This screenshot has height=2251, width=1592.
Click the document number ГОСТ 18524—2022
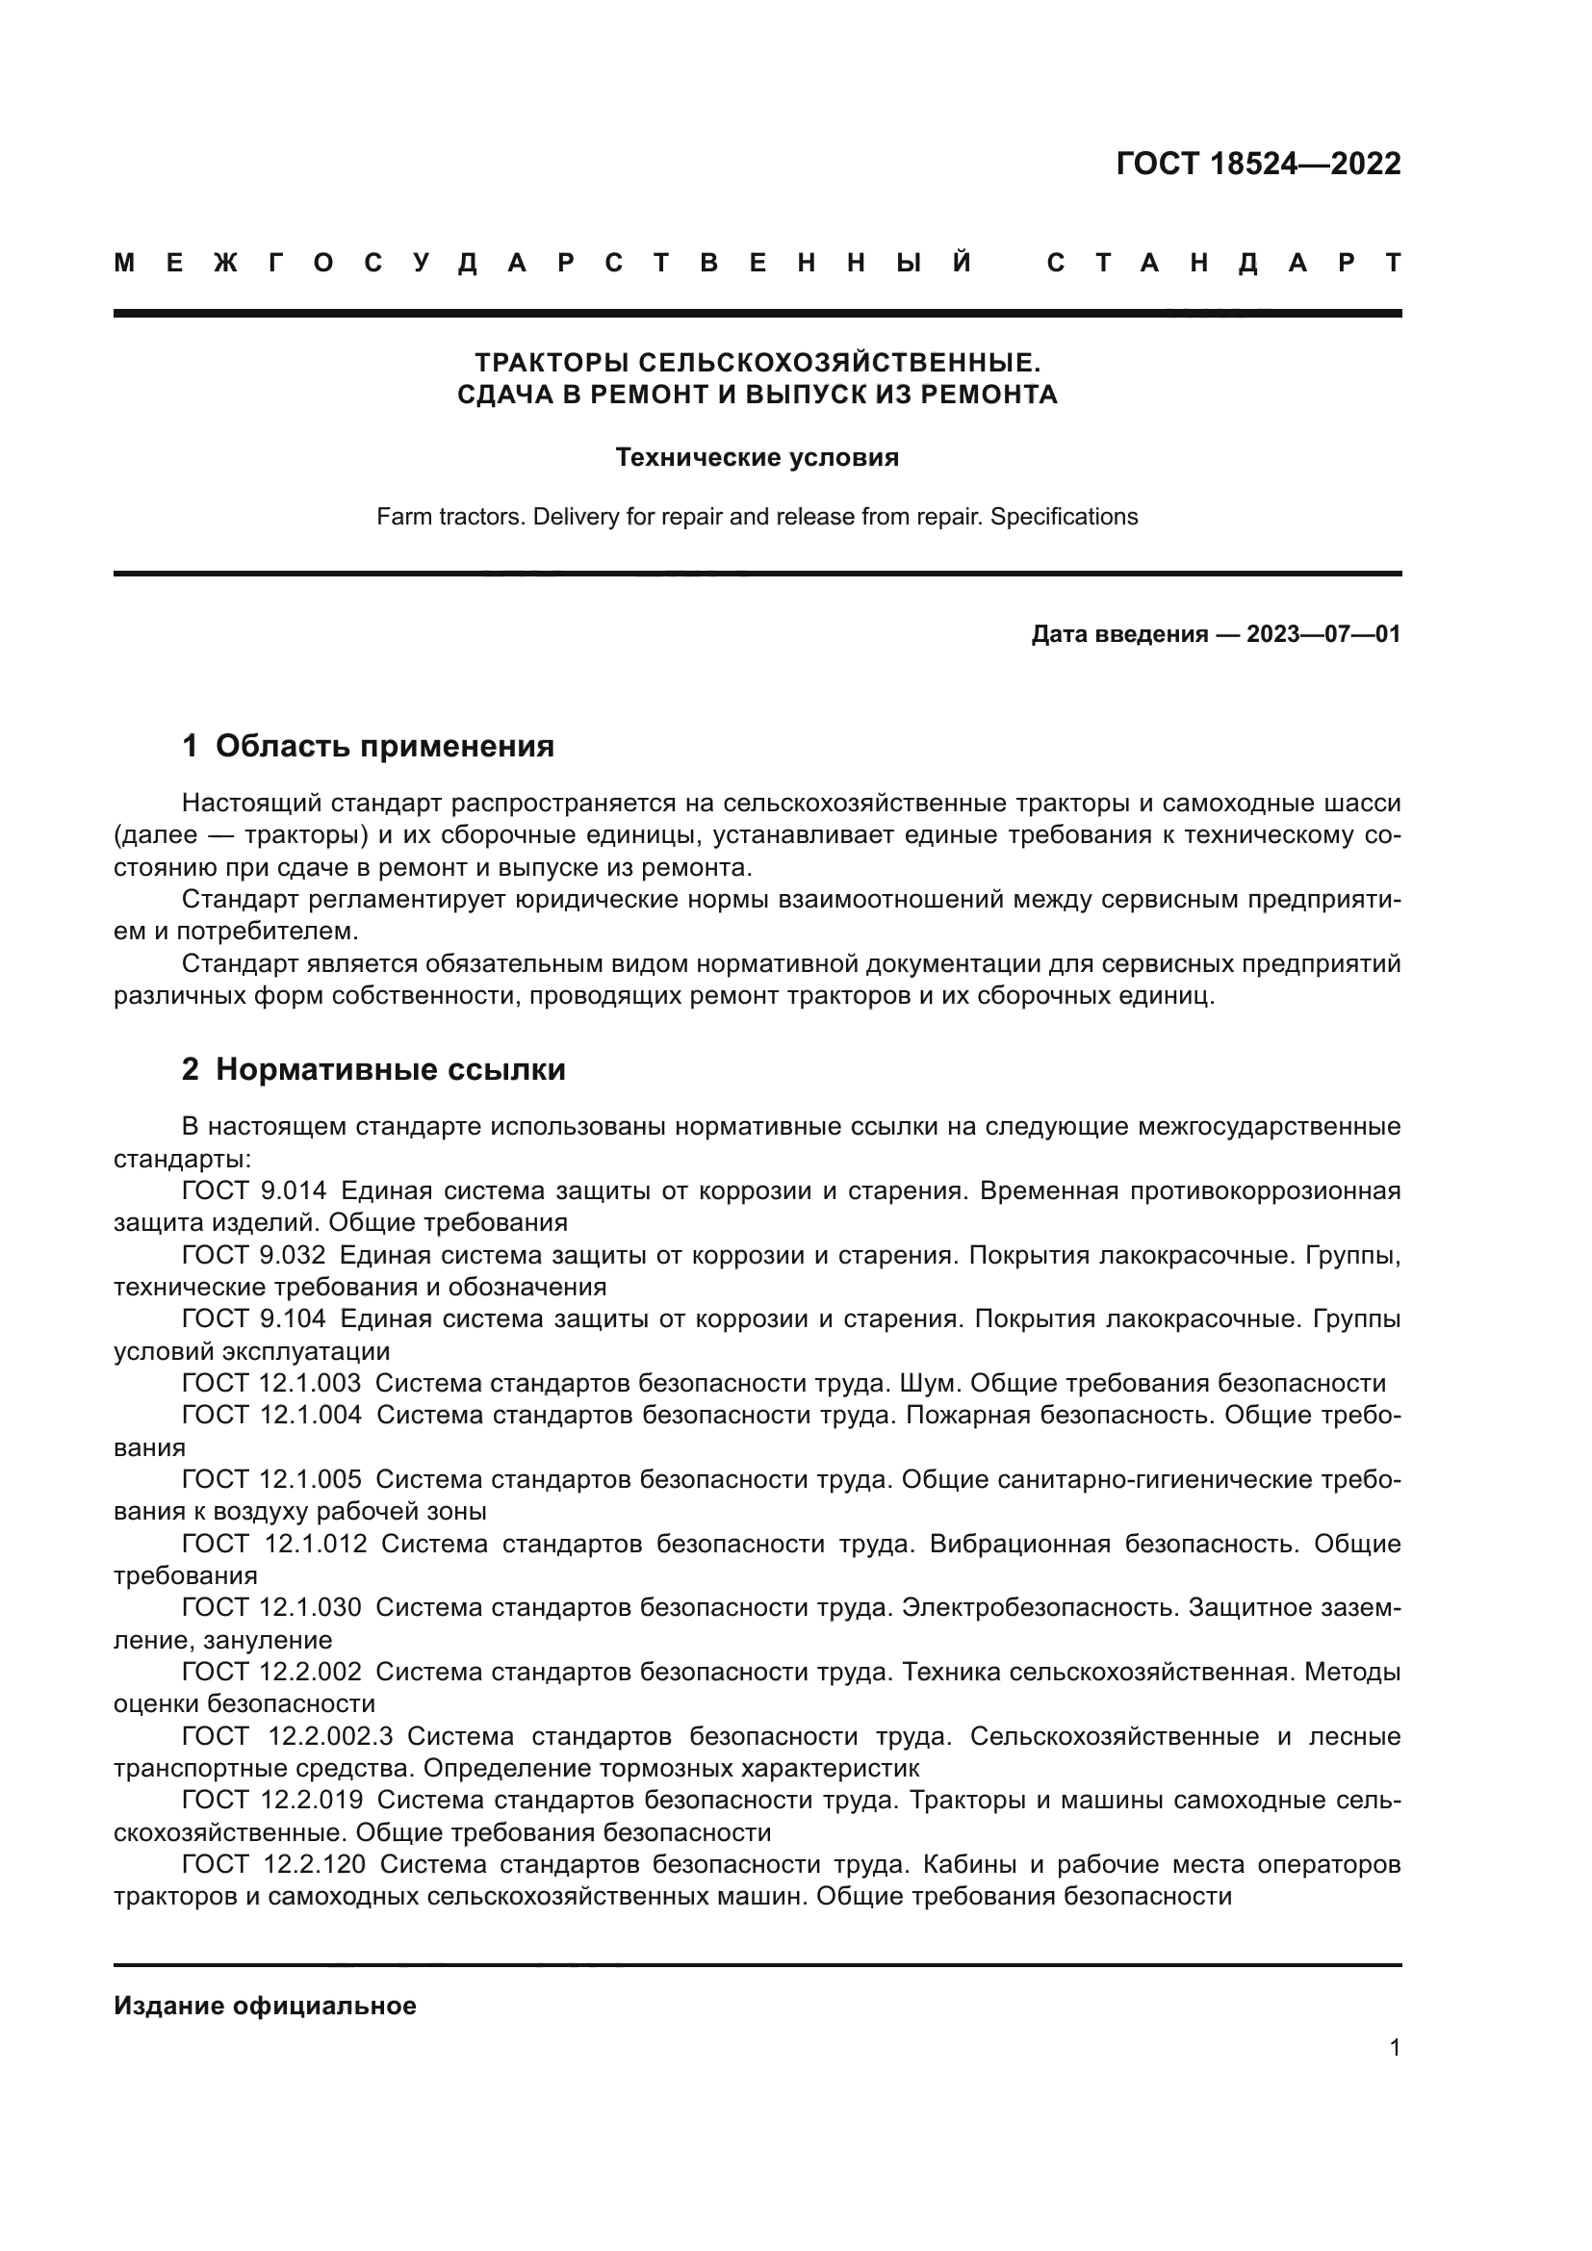(x=1258, y=164)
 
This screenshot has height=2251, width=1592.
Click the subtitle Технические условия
(x=757, y=458)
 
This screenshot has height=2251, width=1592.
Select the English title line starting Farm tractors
(x=757, y=517)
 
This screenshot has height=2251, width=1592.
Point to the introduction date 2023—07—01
(x=1322, y=634)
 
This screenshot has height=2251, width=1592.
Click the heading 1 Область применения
(x=368, y=746)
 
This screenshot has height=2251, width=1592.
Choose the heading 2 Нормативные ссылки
(x=373, y=1068)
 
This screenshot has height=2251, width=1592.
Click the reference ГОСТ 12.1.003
(x=271, y=1383)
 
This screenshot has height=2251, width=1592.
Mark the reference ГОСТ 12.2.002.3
(x=287, y=1737)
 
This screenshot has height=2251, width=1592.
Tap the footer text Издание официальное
(x=265, y=2006)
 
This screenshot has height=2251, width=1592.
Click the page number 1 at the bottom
(x=1394, y=2048)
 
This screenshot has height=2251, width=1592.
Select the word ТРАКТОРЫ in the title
(x=552, y=363)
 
